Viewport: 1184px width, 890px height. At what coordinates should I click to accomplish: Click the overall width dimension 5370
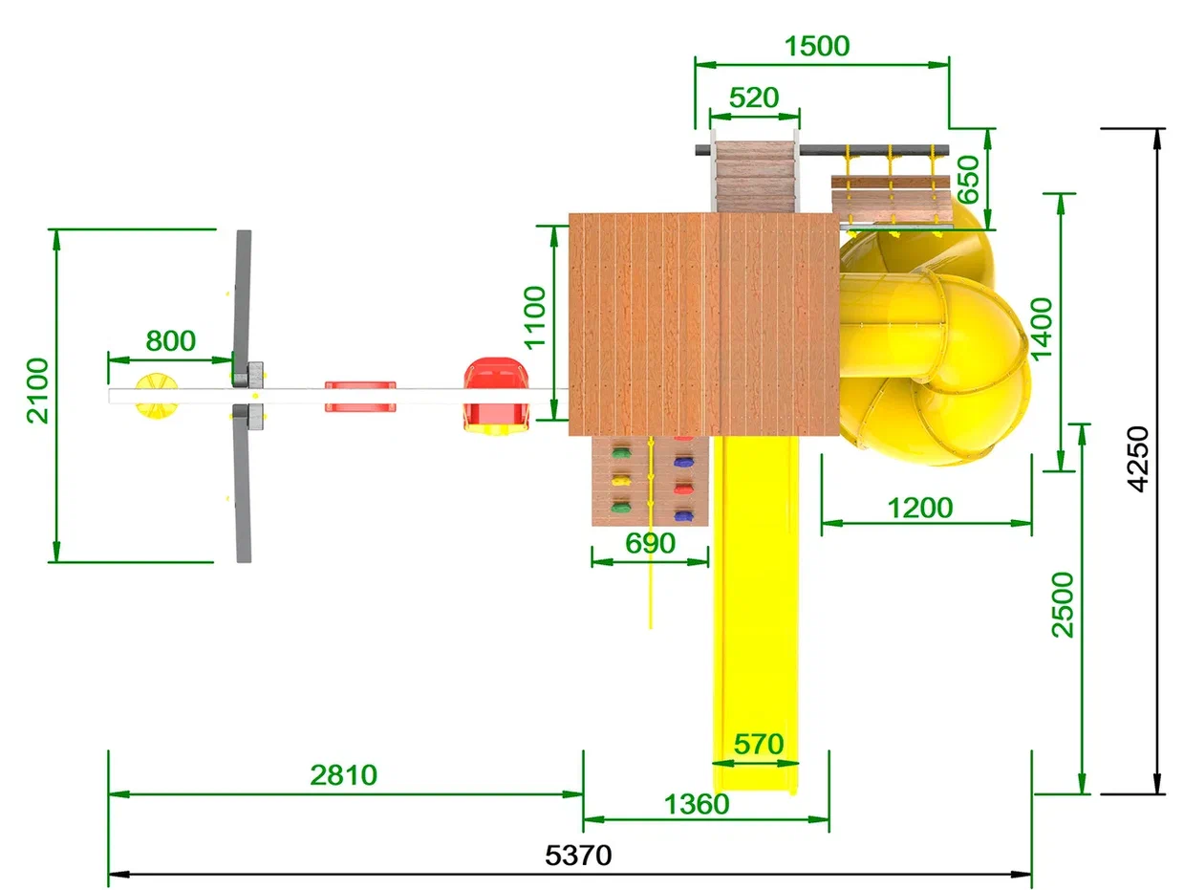point(578,856)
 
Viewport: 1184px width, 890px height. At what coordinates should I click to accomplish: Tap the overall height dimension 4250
point(1139,459)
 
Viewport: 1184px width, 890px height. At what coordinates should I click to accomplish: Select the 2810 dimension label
point(344,775)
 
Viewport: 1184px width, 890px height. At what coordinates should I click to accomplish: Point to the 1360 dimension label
point(697,805)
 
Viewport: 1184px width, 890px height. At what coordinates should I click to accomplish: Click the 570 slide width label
point(759,745)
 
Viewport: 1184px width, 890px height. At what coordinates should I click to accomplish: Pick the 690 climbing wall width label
point(650,543)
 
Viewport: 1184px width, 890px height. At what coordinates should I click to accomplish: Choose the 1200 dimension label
point(920,509)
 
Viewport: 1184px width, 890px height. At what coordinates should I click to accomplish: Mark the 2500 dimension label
point(1064,605)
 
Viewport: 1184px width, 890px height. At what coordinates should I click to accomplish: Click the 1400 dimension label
point(1042,329)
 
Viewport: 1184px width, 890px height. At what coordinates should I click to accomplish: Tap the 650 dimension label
point(968,180)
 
